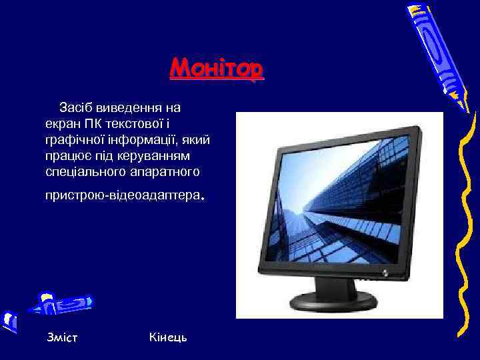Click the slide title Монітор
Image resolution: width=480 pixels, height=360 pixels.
(x=217, y=69)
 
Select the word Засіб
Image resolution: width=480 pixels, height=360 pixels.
(x=75, y=107)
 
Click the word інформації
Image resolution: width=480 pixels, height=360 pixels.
(x=141, y=140)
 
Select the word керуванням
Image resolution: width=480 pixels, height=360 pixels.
(x=152, y=156)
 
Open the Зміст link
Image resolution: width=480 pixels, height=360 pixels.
(x=62, y=337)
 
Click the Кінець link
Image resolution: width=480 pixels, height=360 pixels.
(x=169, y=337)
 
